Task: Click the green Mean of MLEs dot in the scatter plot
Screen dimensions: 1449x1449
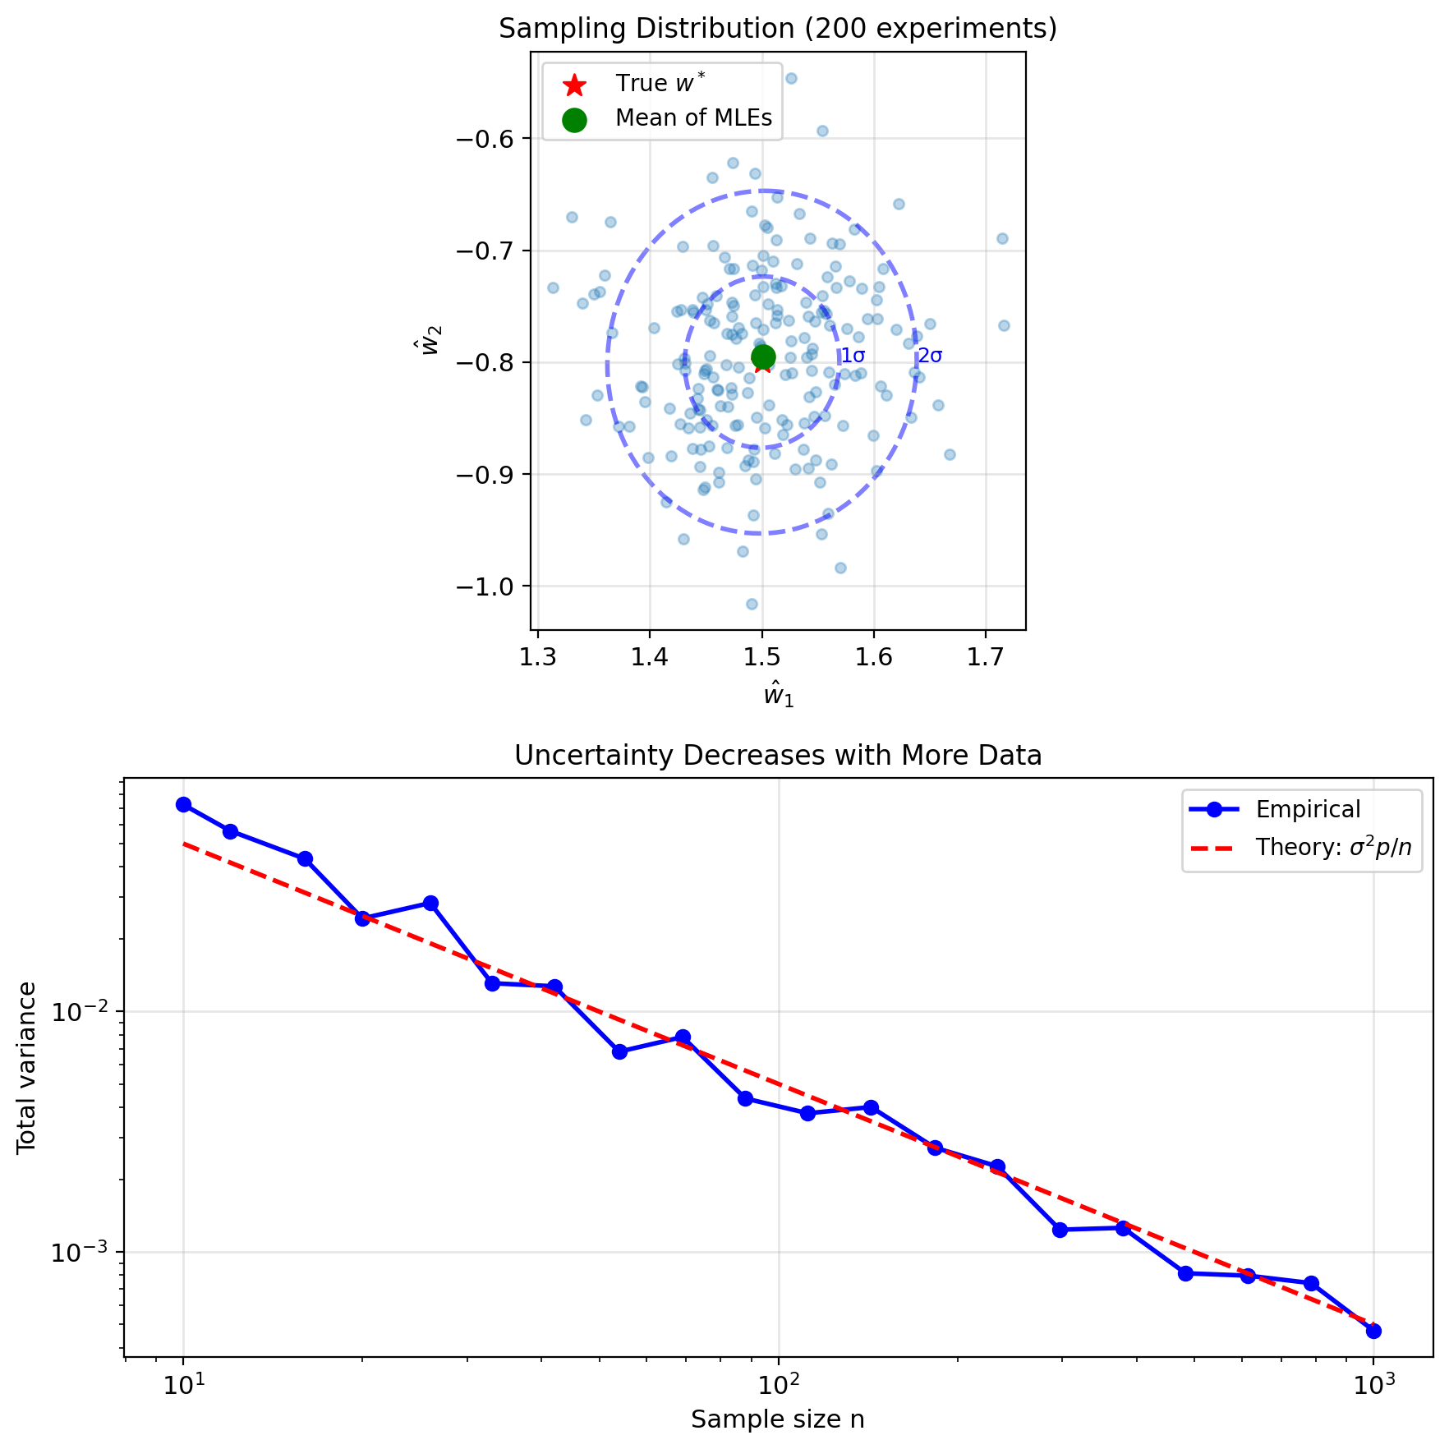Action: click(x=763, y=356)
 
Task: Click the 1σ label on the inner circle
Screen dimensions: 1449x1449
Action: click(x=853, y=356)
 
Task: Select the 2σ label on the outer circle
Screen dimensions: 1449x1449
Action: click(x=930, y=356)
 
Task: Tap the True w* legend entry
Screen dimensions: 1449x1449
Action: click(x=660, y=84)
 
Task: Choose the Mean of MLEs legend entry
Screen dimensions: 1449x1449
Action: click(x=693, y=118)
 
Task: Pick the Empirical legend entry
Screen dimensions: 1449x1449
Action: click(x=1308, y=810)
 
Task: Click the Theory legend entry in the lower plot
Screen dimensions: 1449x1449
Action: click(x=1333, y=848)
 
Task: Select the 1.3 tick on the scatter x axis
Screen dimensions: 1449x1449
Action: click(x=538, y=658)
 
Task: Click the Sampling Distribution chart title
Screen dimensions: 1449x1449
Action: click(x=778, y=30)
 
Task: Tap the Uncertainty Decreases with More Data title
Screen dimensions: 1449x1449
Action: click(x=778, y=756)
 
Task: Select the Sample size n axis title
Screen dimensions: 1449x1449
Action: click(x=777, y=1419)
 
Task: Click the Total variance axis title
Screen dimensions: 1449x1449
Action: click(x=27, y=1067)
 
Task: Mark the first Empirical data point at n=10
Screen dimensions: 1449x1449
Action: click(x=183, y=805)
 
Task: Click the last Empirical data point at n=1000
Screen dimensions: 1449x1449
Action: click(x=1373, y=1332)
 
